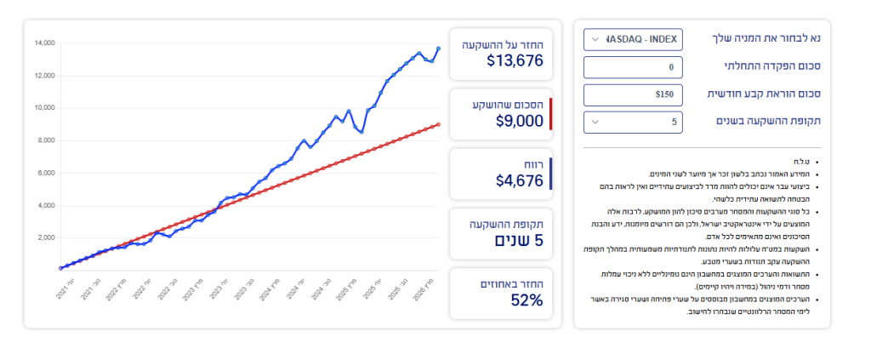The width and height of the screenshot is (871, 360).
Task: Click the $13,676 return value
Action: (515, 60)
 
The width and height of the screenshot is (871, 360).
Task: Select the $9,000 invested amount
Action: (519, 121)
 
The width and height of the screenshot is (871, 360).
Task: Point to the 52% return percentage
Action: (527, 300)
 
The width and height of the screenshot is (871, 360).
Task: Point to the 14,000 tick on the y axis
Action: (44, 43)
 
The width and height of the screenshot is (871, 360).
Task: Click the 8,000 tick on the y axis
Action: (46, 140)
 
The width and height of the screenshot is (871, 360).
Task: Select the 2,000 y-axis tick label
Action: (46, 237)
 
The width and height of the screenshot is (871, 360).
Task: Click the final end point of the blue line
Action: (439, 49)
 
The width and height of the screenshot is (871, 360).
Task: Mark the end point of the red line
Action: (439, 123)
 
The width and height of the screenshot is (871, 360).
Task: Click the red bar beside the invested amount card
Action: (551, 114)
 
